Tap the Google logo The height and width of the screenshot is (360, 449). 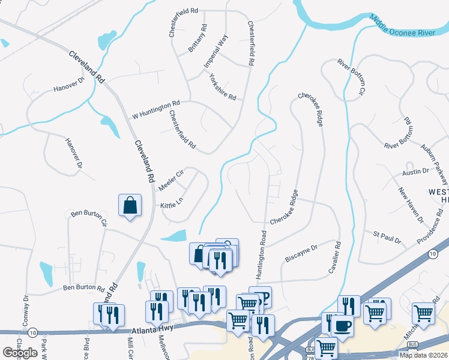(x=20, y=353)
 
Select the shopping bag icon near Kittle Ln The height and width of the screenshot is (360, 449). (x=130, y=206)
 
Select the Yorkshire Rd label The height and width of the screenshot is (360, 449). (x=222, y=87)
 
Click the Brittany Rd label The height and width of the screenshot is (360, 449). (x=198, y=38)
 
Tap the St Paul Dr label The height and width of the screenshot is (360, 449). (x=387, y=236)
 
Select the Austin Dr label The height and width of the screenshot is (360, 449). (x=416, y=171)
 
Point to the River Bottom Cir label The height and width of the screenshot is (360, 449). (x=351, y=77)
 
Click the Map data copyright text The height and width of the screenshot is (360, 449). (x=423, y=355)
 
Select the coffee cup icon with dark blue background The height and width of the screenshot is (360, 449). (x=342, y=326)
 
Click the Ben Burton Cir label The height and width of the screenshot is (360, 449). (x=88, y=217)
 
